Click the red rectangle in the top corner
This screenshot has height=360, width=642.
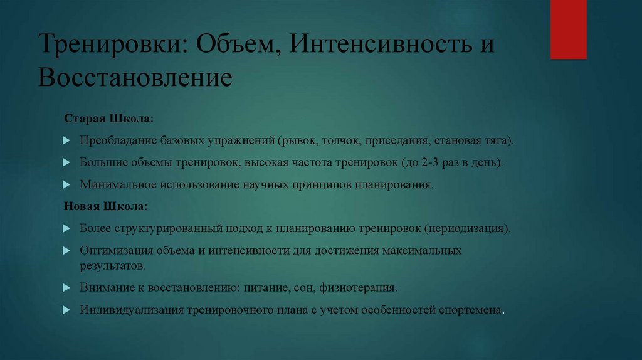[x=568, y=29]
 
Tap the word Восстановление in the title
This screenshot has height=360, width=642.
[x=135, y=78]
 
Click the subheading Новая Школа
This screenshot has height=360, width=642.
[x=106, y=206]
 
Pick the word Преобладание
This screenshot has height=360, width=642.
[x=115, y=140]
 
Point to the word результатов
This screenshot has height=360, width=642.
[x=112, y=265]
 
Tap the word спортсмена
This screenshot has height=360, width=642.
[x=471, y=310]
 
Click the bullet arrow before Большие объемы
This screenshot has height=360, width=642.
[x=66, y=162]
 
